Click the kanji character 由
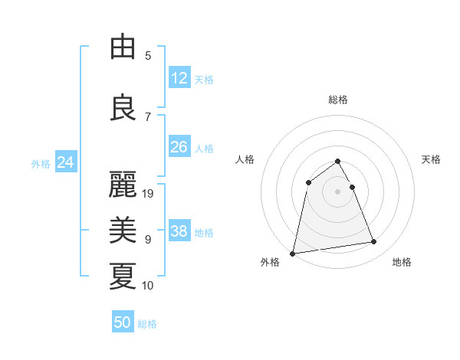(123, 47)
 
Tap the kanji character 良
(123, 107)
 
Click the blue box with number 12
(179, 78)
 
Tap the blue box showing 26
(179, 147)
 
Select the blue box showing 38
(179, 232)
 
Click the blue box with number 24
(66, 162)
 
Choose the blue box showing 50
(123, 322)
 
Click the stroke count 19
(149, 194)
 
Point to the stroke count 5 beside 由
(148, 55)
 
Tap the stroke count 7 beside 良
(148, 116)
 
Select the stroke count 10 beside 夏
(148, 286)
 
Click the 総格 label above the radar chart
(338, 100)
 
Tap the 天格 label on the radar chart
(431, 159)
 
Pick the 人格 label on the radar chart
(245, 159)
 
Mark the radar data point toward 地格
(374, 242)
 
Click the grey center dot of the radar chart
(338, 191)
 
